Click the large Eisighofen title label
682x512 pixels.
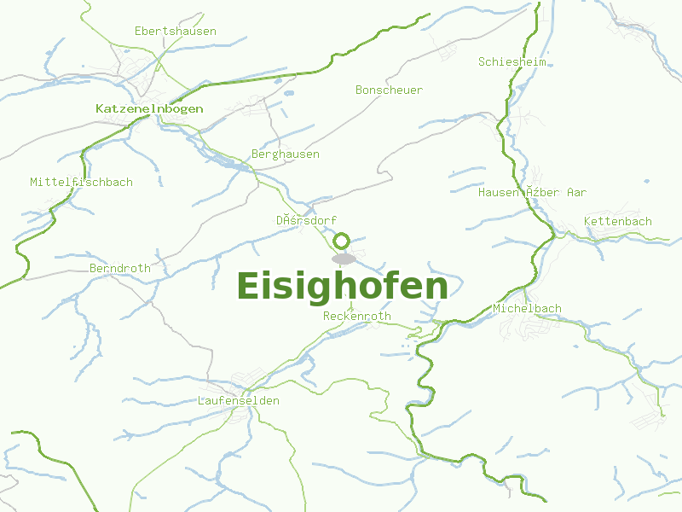coord(342,287)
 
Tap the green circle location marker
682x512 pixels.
coord(342,241)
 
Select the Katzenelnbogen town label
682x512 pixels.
coord(149,109)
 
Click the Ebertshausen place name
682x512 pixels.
coord(175,32)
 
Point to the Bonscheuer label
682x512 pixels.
coord(389,90)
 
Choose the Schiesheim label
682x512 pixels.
coord(511,62)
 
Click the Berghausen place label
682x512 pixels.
coord(286,154)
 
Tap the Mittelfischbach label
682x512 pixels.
coord(81,183)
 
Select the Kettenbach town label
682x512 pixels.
coord(618,222)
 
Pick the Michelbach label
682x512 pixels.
coord(527,308)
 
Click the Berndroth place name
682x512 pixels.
coord(119,269)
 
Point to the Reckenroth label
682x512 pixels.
coord(357,317)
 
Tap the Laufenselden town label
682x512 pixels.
coord(238,401)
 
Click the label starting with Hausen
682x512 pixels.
coord(532,193)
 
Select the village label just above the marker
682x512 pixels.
coord(306,221)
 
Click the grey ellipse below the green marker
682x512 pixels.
coord(344,259)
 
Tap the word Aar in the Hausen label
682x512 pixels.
coord(576,193)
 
